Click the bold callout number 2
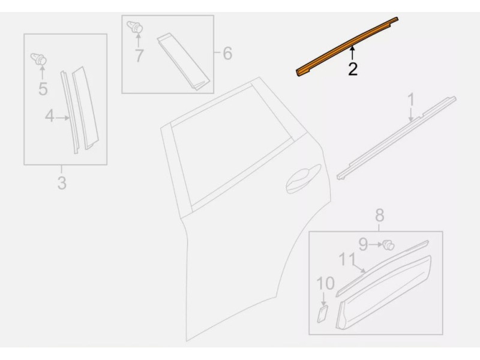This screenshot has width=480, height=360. (353, 69)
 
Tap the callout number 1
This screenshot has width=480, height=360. (411, 100)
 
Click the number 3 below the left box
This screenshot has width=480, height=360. (62, 183)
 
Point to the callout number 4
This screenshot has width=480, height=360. (50, 116)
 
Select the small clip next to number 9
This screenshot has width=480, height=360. (388, 245)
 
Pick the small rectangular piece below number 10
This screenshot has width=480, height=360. (322, 314)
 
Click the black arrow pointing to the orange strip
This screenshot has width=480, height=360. (353, 53)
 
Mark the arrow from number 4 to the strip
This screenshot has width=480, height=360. (62, 118)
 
